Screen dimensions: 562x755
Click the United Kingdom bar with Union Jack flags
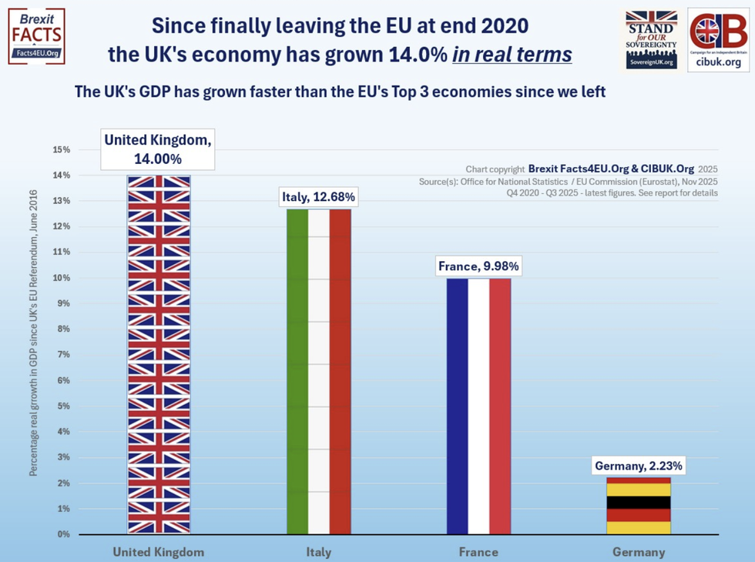click(159, 354)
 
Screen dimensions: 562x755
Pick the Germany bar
click(638, 506)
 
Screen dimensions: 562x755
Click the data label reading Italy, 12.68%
click(318, 198)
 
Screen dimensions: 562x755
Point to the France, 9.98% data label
click(478, 266)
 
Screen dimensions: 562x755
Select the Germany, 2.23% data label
click(638, 465)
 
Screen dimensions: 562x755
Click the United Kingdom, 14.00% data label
click(159, 149)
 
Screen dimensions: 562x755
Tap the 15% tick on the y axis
click(61, 149)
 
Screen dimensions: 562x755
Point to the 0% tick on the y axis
click(63, 534)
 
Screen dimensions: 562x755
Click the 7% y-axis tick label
click(63, 355)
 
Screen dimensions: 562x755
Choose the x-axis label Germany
click(638, 552)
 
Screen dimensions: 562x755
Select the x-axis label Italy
click(318, 552)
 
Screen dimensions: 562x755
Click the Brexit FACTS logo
click(36, 36)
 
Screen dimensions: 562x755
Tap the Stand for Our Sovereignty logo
click(651, 40)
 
